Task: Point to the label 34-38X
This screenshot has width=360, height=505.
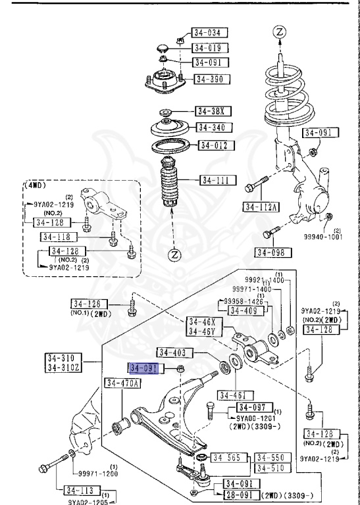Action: [210, 111]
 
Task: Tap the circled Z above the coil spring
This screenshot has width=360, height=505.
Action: [280, 31]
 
